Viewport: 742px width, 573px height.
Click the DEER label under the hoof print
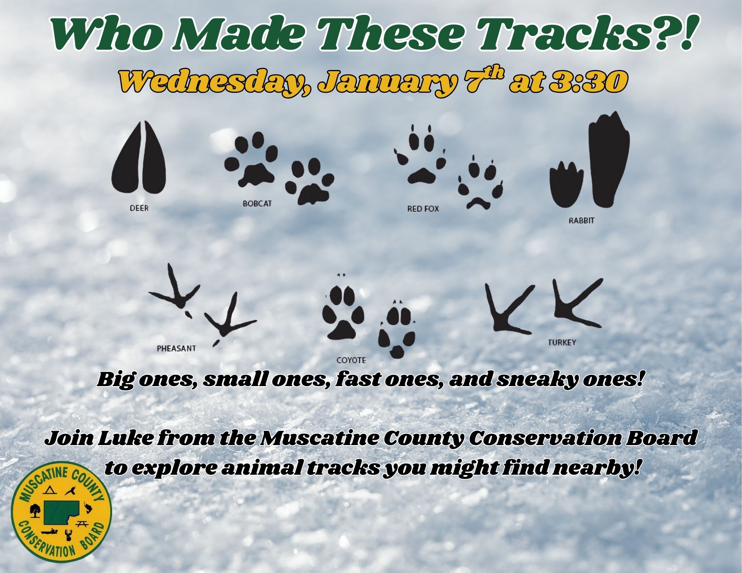coord(139,208)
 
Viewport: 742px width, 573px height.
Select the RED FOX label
coord(423,209)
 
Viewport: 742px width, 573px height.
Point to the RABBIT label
coord(581,220)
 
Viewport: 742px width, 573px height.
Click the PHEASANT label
coord(176,349)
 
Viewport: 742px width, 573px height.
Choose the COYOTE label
coord(351,360)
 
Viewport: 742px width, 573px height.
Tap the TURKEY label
coord(562,342)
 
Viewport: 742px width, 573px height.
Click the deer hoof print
coord(139,157)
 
